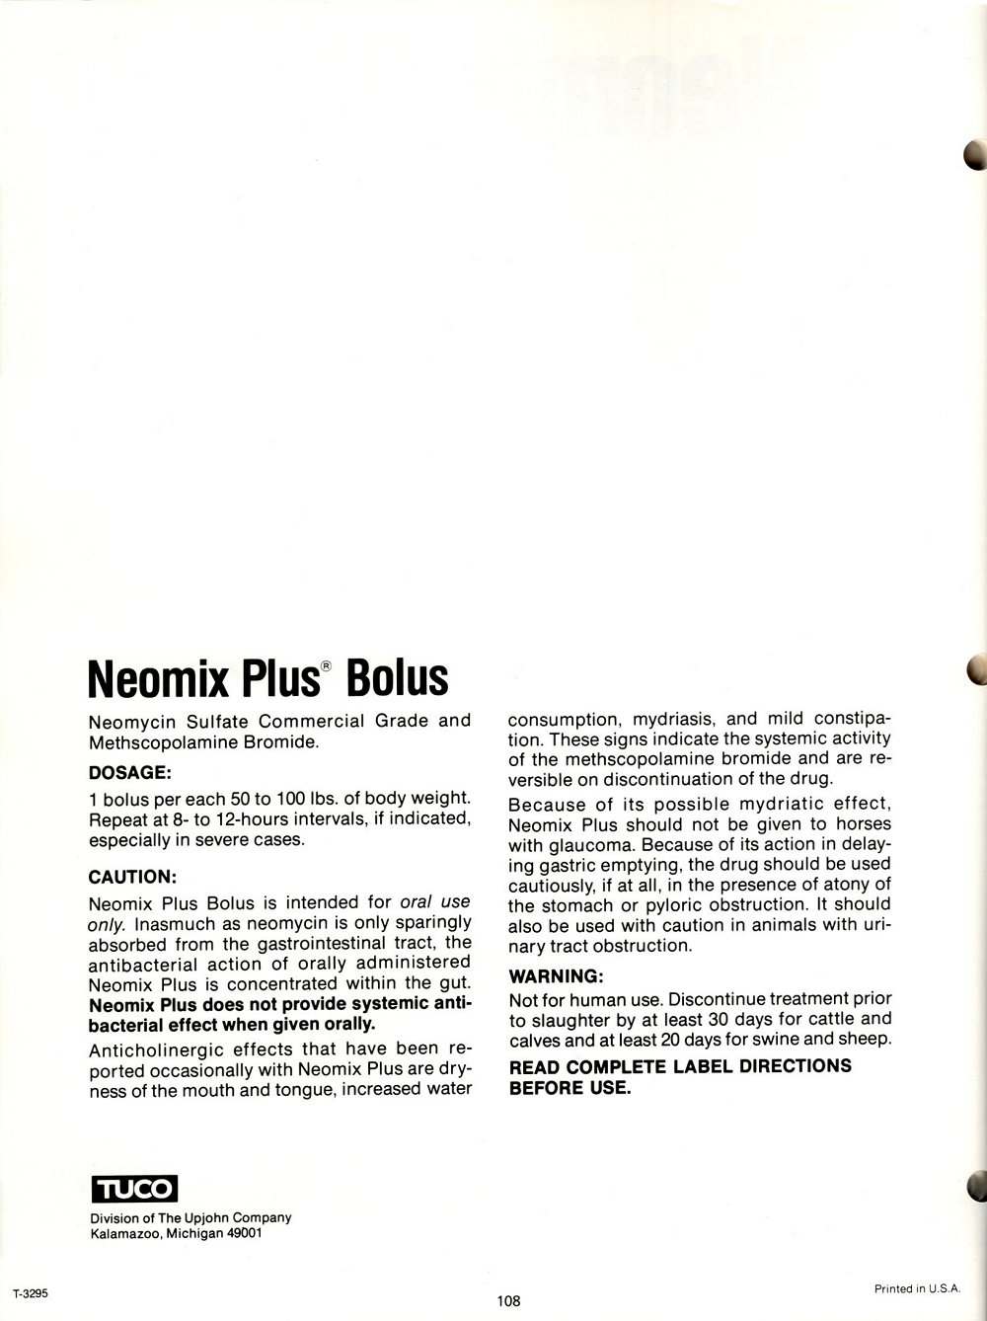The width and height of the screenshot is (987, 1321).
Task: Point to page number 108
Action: point(508,1300)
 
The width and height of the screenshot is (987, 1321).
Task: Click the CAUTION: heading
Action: point(132,876)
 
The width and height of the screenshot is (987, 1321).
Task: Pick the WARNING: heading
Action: point(555,976)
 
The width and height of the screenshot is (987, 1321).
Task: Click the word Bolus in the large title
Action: point(397,678)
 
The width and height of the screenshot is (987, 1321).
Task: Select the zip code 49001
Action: point(242,1234)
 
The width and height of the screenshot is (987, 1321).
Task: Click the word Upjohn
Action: point(207,1217)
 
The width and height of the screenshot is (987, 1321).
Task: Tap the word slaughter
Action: point(569,1018)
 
